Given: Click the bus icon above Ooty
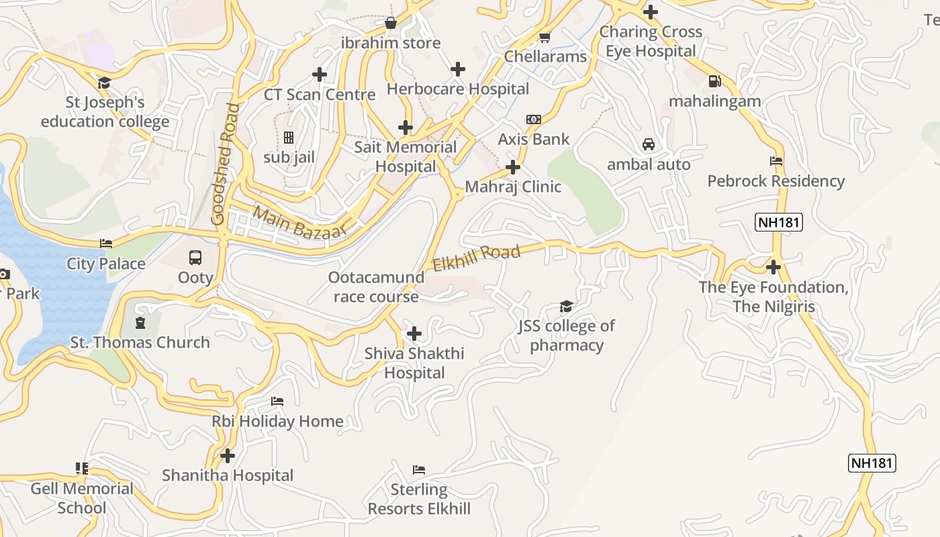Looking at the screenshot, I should click(x=195, y=257).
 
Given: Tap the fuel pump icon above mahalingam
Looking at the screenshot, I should click(x=714, y=81).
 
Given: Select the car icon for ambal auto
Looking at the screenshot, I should click(x=648, y=144).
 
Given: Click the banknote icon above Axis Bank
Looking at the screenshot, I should click(x=534, y=119).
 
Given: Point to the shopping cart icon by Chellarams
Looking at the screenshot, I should click(x=545, y=37).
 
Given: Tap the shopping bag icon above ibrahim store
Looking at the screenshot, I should click(x=390, y=23).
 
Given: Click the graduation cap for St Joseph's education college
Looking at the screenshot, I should click(x=104, y=83).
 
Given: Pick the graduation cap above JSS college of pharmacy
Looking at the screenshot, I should click(x=566, y=307).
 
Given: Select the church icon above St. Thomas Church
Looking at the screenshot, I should click(x=140, y=323).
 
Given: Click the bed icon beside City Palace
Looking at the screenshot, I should click(x=106, y=244).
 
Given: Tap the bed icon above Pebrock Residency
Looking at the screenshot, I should click(x=775, y=161).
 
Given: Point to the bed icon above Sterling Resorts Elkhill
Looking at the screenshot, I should click(x=419, y=469).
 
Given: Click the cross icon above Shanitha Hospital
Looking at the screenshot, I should click(x=228, y=456).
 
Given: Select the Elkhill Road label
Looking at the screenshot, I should click(x=476, y=258).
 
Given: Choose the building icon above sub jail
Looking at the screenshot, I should click(x=289, y=138).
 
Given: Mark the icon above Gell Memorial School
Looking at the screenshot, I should click(x=81, y=469).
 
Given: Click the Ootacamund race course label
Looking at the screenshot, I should click(x=376, y=287).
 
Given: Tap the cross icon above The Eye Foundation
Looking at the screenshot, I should click(x=773, y=267).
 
